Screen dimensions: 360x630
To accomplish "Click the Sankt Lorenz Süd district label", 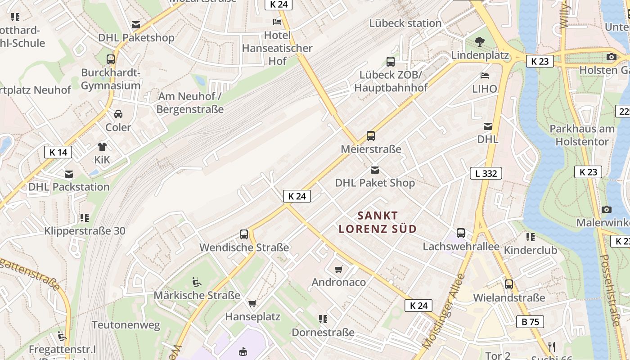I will click(x=378, y=222).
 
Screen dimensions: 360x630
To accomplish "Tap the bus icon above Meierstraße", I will click(x=371, y=135).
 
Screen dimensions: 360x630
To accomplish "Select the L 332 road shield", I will click(x=486, y=173).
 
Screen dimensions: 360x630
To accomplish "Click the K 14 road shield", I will click(x=58, y=152).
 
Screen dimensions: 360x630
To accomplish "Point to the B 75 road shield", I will click(x=530, y=321).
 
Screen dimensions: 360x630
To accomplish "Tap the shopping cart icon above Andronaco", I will click(x=339, y=269).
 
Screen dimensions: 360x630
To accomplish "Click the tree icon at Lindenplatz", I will click(x=480, y=42).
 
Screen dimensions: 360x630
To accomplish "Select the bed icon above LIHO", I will click(x=485, y=75).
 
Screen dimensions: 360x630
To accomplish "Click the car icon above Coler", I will click(x=118, y=114).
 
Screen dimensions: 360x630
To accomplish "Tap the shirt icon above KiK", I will click(x=102, y=146).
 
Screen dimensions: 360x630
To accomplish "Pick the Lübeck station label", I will click(x=405, y=23).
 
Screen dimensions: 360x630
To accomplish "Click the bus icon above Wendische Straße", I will click(x=244, y=234).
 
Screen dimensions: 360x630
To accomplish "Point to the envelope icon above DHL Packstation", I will click(x=69, y=174).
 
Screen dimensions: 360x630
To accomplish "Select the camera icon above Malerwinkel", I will click(x=606, y=209).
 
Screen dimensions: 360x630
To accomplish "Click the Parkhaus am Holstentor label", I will click(x=581, y=135).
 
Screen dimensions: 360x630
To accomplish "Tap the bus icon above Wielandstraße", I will click(x=509, y=284).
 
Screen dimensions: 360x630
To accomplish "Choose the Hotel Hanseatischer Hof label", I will click(x=277, y=48).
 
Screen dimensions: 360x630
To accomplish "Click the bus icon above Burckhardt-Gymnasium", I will click(x=111, y=59).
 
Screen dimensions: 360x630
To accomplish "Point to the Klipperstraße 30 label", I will click(x=85, y=231).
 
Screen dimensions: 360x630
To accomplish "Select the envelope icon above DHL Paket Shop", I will click(x=374, y=170).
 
